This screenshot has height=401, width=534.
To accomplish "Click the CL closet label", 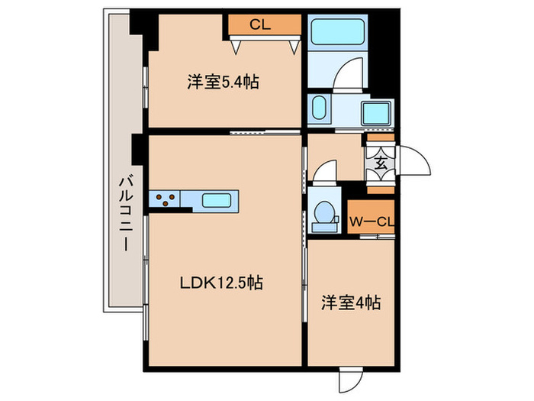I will click(x=261, y=24).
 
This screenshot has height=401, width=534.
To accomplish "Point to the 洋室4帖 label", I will click(x=351, y=302).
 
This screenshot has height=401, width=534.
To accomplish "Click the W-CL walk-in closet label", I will click(x=372, y=222).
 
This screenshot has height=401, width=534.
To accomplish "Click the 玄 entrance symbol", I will click(x=380, y=162).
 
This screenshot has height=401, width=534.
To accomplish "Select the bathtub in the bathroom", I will click(x=338, y=35).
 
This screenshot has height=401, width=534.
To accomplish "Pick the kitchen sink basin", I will click(x=220, y=200).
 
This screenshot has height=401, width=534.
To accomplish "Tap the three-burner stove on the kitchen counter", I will click(x=165, y=200).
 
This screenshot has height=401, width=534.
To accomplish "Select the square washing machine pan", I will click(x=375, y=113).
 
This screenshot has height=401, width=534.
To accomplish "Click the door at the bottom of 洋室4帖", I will click(x=352, y=380).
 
